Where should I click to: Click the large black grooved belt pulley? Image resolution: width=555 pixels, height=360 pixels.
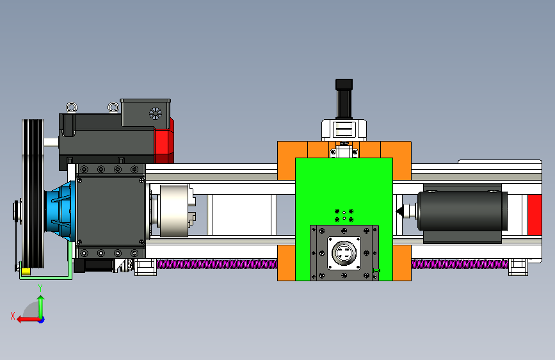tap(33, 194)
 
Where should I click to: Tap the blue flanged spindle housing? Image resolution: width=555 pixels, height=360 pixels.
tap(61, 211)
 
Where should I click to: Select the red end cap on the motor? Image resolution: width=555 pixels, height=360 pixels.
tap(165, 141)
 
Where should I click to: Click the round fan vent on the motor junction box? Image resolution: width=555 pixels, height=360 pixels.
tap(155, 114)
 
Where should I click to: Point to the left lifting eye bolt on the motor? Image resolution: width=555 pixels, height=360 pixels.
tap(72, 107)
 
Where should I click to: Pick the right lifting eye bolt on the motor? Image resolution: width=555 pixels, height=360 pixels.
tap(113, 106)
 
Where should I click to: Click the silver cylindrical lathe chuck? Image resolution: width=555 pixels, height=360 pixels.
tap(173, 211)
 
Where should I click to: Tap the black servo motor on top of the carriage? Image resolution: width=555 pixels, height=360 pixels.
tap(344, 99)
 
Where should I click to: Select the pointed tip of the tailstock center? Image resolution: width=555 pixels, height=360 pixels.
tap(396, 211)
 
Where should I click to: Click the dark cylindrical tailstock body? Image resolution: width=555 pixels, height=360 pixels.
tap(462, 211)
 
